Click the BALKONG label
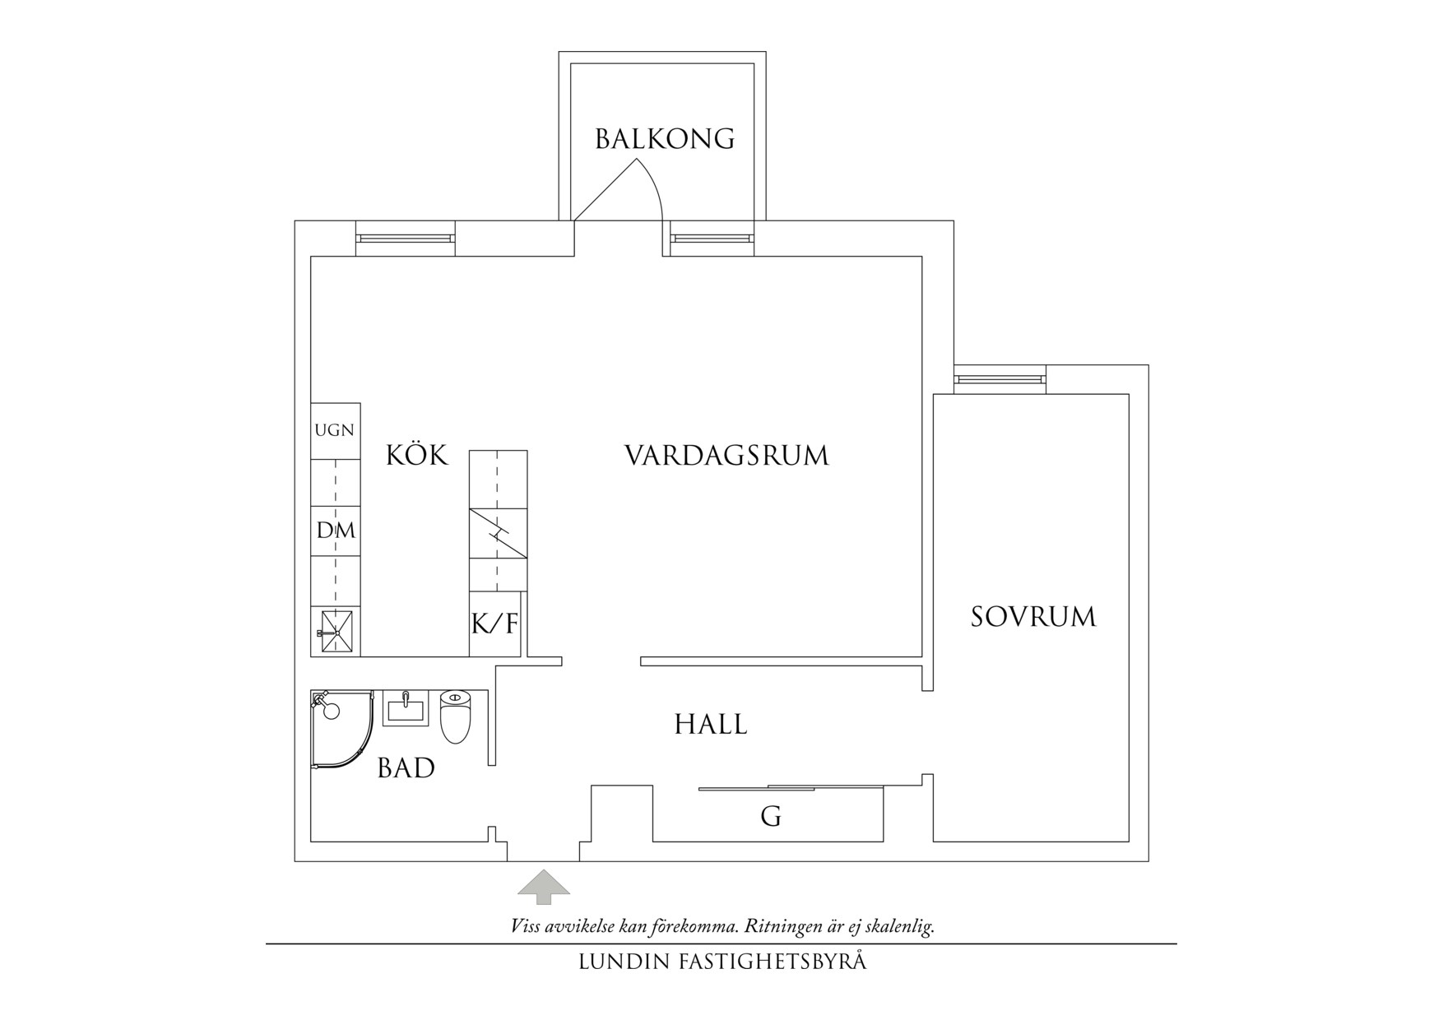click(665, 139)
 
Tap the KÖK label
click(417, 455)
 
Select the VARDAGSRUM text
click(726, 456)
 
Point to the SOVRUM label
click(1033, 617)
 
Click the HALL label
click(711, 725)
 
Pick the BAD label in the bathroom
click(406, 768)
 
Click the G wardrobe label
click(771, 817)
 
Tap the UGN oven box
click(335, 430)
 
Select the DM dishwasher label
click(336, 531)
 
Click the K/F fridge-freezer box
click(494, 624)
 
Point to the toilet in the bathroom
click(455, 716)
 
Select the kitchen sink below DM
click(335, 632)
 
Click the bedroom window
click(1000, 379)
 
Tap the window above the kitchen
click(405, 239)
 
